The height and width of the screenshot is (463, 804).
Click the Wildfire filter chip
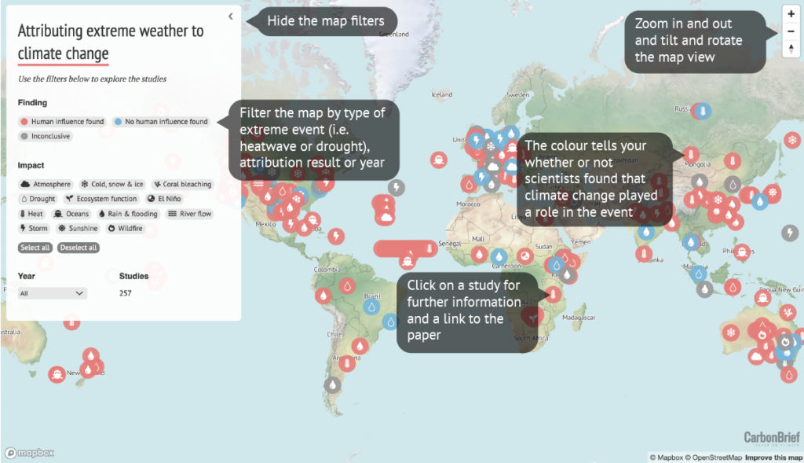click(x=124, y=229)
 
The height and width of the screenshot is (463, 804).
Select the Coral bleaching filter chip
click(x=182, y=184)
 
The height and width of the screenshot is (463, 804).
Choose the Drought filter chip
click(x=38, y=199)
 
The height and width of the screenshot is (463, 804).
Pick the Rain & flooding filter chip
click(x=127, y=214)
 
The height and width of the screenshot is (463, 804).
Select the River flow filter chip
click(x=190, y=214)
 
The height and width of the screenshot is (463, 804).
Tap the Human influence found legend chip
click(x=62, y=122)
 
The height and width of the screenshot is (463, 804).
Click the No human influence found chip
click(x=161, y=122)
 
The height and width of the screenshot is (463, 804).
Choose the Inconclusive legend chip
click(x=46, y=136)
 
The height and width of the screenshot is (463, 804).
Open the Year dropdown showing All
click(x=53, y=293)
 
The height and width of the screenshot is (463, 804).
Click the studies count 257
click(x=126, y=293)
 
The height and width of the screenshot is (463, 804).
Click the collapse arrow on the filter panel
click(x=230, y=16)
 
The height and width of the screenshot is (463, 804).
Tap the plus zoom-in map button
click(x=791, y=13)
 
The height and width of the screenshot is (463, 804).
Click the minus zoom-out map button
click(x=791, y=31)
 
